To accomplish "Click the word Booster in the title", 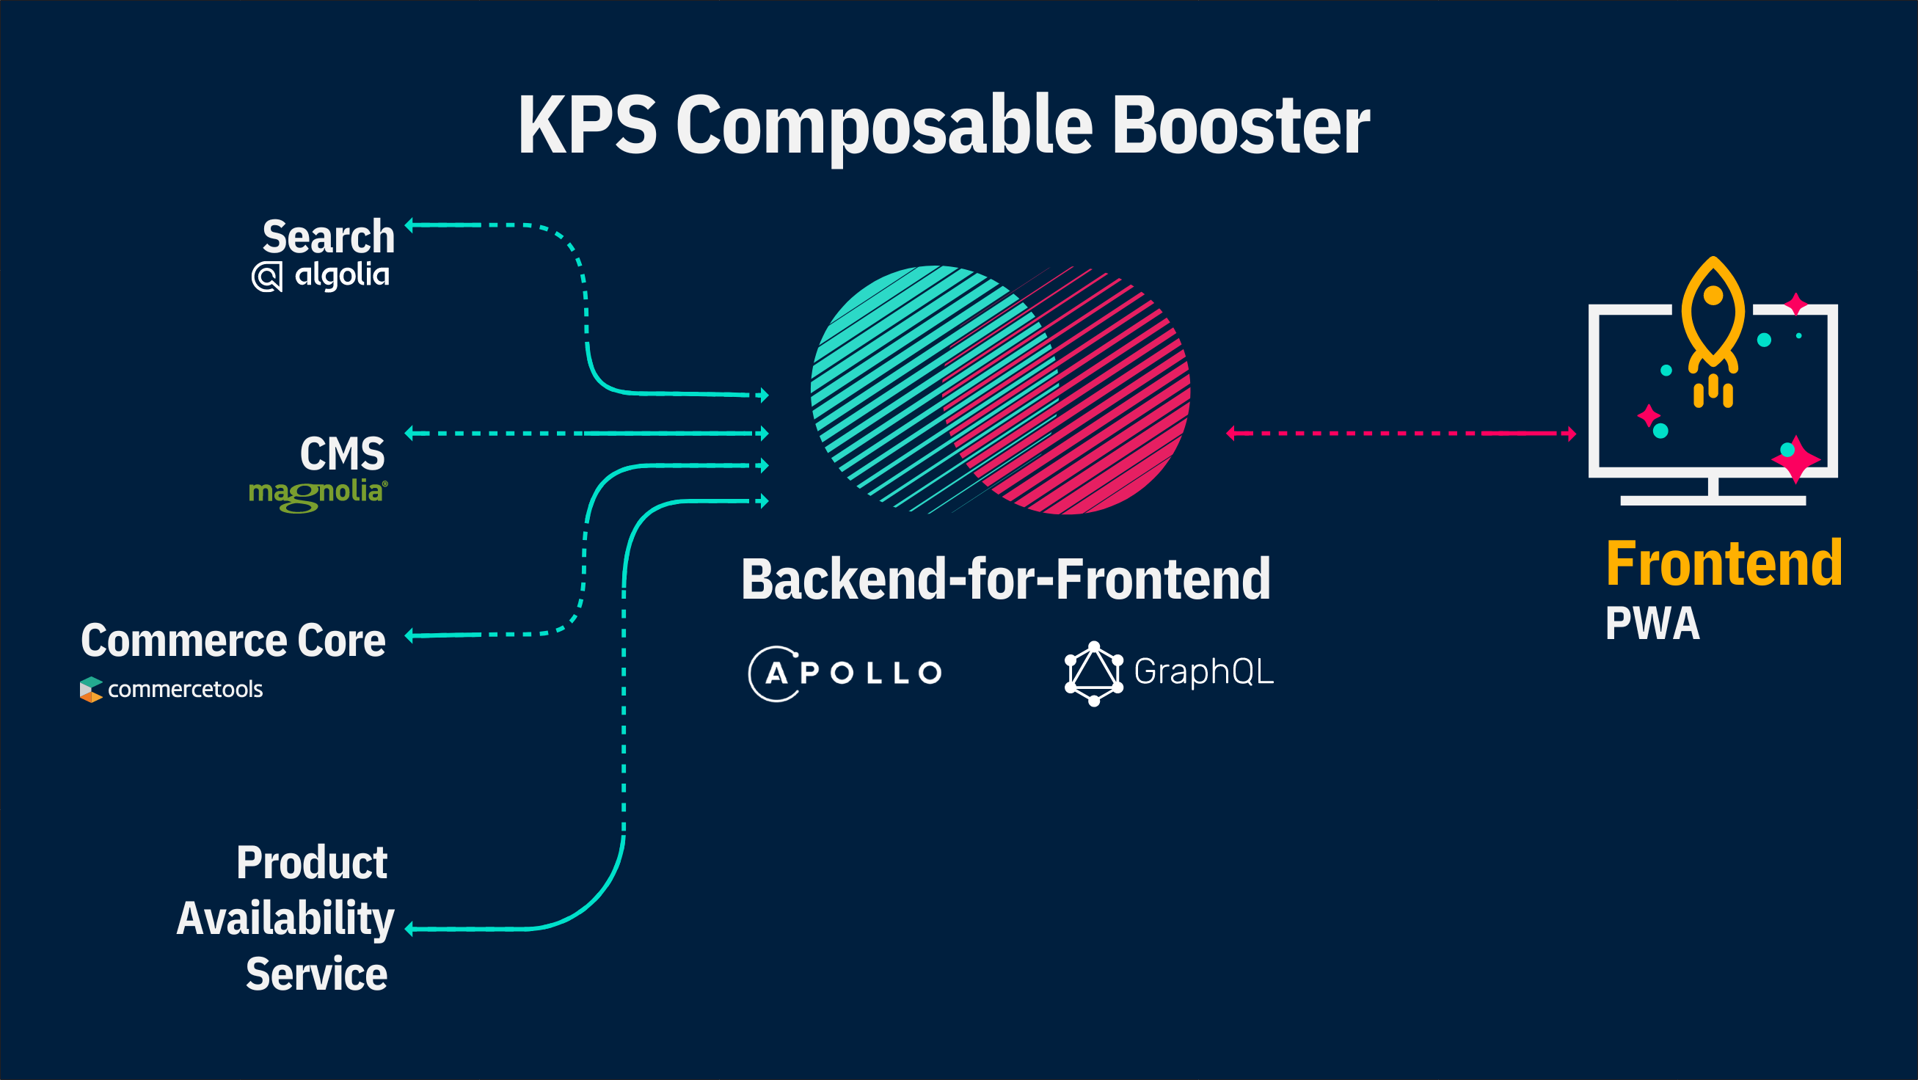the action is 1241,125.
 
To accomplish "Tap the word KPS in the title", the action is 588,125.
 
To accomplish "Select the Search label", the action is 329,237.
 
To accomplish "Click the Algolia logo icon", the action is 267,277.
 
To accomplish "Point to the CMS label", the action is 343,453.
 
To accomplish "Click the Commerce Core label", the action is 233,640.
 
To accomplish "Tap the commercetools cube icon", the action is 91,689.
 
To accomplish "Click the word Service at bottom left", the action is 316,974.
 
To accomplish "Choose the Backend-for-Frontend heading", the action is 1006,579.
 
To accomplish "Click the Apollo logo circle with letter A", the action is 774,674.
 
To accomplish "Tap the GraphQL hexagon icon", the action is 1094,674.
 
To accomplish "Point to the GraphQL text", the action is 1204,672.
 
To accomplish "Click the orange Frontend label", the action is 1724,563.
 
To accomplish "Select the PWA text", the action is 1653,624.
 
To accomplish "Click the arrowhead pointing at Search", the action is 409,225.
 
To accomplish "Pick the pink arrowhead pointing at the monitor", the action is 1571,433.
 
